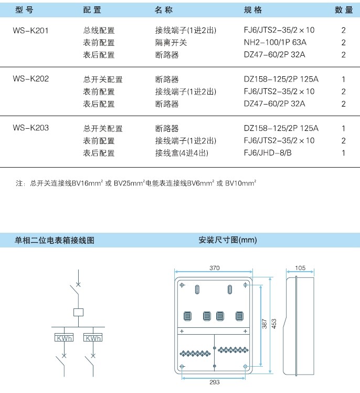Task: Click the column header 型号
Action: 24,10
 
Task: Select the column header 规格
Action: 253,10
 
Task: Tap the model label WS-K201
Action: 30,30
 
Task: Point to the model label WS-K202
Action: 31,79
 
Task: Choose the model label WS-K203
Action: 31,128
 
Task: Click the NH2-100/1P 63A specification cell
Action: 275,43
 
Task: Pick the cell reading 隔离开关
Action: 171,43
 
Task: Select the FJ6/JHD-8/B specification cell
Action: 268,153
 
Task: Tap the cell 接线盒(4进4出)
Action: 182,153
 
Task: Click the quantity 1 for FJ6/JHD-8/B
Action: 344,153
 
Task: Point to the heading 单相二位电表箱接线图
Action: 55,240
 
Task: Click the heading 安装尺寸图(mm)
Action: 228,240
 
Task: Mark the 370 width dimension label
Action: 215,268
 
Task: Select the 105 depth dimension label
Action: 300,268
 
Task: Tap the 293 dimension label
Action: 215,382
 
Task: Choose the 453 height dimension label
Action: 274,324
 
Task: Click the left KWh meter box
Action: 64,338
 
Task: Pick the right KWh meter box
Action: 93,338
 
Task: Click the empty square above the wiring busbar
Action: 78,312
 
